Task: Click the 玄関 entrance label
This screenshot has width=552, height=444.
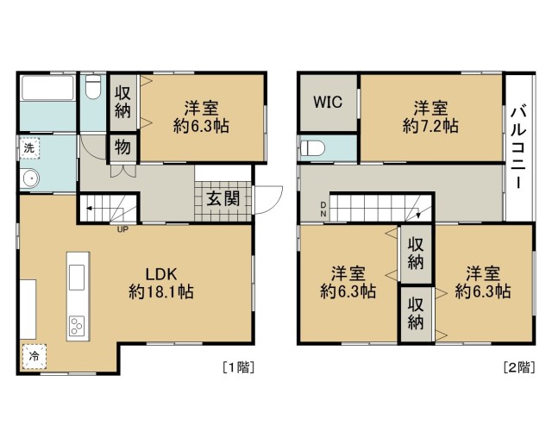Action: click(223, 199)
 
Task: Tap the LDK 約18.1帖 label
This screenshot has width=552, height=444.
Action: click(161, 283)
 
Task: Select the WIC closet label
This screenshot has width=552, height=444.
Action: click(328, 102)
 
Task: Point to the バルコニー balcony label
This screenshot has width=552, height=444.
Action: click(518, 148)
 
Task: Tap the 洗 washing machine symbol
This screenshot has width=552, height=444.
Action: click(29, 148)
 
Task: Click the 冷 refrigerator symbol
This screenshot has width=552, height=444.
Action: click(34, 356)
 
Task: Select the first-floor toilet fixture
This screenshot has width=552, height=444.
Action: click(93, 87)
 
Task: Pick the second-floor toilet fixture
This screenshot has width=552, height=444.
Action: click(312, 148)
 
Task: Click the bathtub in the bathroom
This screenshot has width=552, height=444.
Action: click(47, 88)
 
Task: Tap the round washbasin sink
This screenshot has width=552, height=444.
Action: click(29, 178)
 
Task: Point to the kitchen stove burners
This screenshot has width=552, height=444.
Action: click(77, 326)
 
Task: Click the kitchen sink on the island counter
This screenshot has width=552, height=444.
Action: click(77, 278)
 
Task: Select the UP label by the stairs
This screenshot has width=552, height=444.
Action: click(122, 229)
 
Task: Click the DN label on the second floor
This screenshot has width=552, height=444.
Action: click(323, 209)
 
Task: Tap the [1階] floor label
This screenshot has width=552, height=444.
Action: click(239, 367)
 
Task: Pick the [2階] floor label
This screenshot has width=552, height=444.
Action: click(519, 367)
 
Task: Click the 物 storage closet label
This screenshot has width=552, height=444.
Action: click(122, 147)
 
